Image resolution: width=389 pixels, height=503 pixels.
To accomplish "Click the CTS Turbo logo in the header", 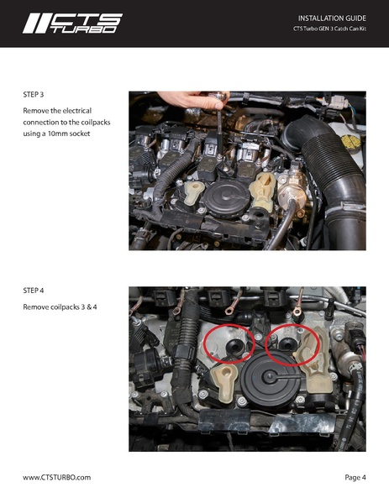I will [x=72, y=24].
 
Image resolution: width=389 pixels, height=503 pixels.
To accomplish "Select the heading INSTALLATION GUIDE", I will [x=332, y=18].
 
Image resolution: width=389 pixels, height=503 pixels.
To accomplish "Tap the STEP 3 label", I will [x=34, y=96].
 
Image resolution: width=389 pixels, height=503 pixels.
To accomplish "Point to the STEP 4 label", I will [x=34, y=291].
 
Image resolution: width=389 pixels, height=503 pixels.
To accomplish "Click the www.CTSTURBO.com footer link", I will [x=56, y=477].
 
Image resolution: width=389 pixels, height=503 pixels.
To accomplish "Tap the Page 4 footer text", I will [x=355, y=477].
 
